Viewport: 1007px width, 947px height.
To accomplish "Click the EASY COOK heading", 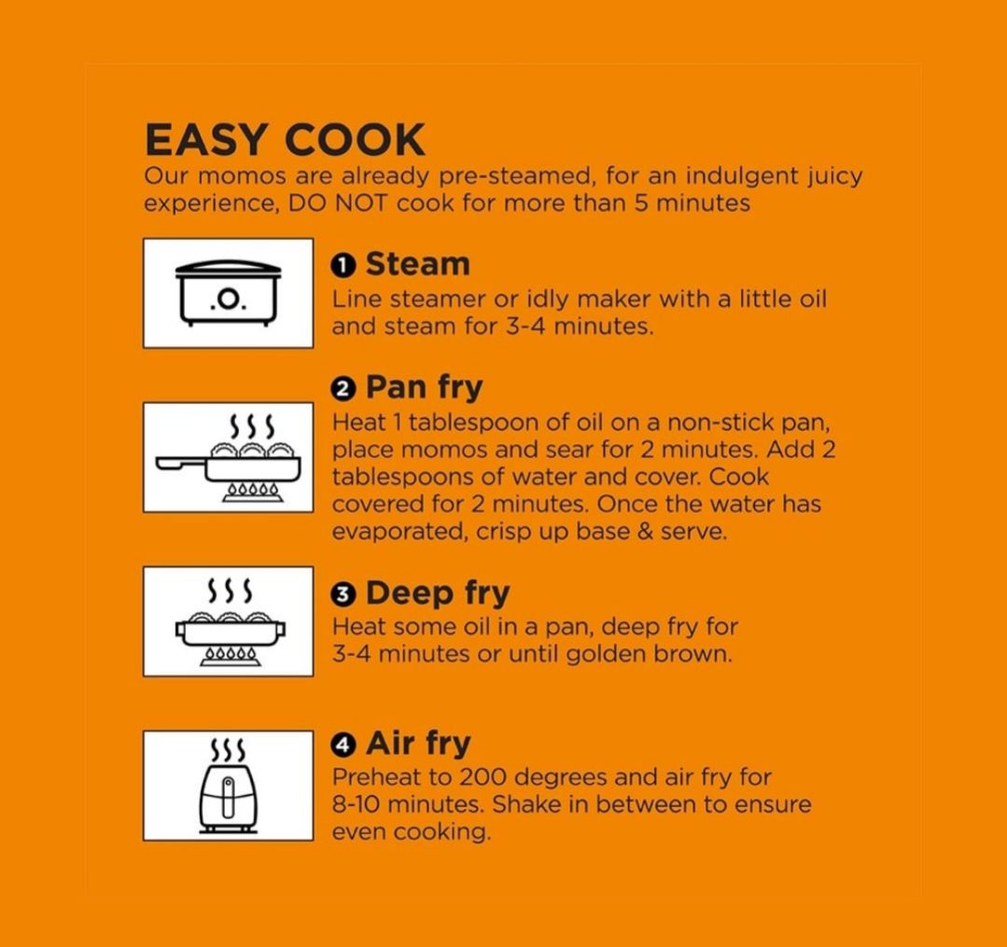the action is pos(285,140).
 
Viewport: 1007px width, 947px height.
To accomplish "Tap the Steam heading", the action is pos(418,265).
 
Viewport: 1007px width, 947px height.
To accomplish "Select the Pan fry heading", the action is pos(424,388).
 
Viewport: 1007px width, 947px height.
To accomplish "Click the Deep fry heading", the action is pos(438,593).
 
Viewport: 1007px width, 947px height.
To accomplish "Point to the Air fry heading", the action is pos(418,745).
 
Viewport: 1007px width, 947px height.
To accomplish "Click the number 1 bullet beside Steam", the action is pos(343,266).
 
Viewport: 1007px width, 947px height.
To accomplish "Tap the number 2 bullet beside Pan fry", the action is pos(343,389).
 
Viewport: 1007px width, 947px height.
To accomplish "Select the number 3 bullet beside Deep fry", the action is pos(343,594).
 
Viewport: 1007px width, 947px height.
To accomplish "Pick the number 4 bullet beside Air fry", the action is pos(343,745).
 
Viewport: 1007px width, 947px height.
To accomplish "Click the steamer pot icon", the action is pos(228,293).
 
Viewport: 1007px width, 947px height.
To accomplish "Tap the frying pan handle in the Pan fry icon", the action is pos(181,462).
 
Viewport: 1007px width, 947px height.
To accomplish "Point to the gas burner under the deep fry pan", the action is pos(231,656).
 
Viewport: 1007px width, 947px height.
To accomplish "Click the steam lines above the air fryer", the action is pos(228,748).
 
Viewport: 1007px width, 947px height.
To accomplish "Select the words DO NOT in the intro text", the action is pos(338,203).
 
